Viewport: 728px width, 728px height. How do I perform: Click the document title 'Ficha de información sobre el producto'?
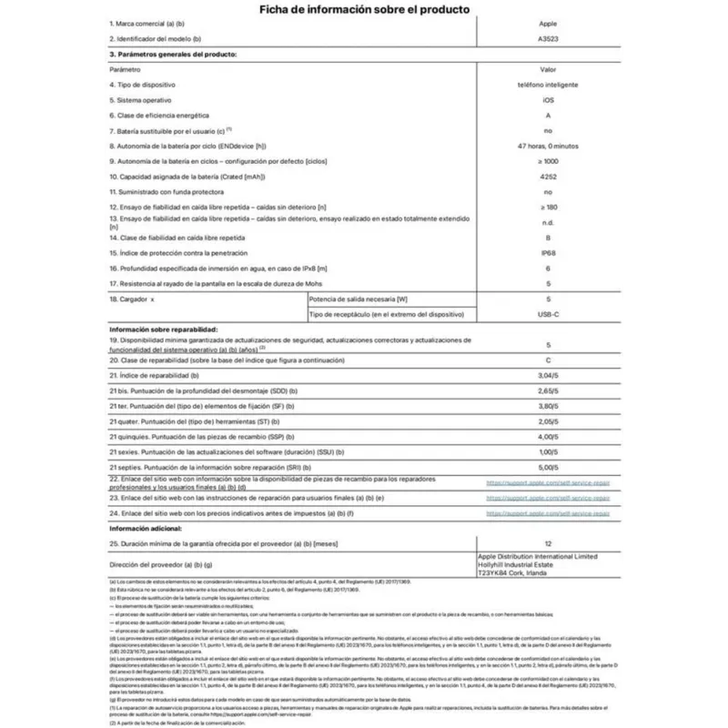point(364,10)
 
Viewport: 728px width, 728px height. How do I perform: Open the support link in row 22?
point(548,483)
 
